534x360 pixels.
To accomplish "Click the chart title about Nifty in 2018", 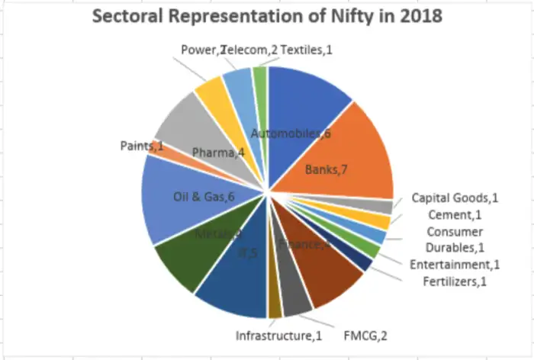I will pyautogui.click(x=267, y=16).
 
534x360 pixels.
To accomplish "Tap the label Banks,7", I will pyautogui.click(x=327, y=169).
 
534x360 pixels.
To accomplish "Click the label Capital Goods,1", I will pyautogui.click(x=455, y=198).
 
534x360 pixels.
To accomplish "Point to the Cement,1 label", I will pyautogui.click(x=455, y=214).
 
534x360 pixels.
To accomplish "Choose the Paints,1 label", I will pyautogui.click(x=143, y=145).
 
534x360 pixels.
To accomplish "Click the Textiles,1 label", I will pyautogui.click(x=307, y=50).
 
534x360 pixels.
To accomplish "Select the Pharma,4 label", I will pyautogui.click(x=217, y=153).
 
